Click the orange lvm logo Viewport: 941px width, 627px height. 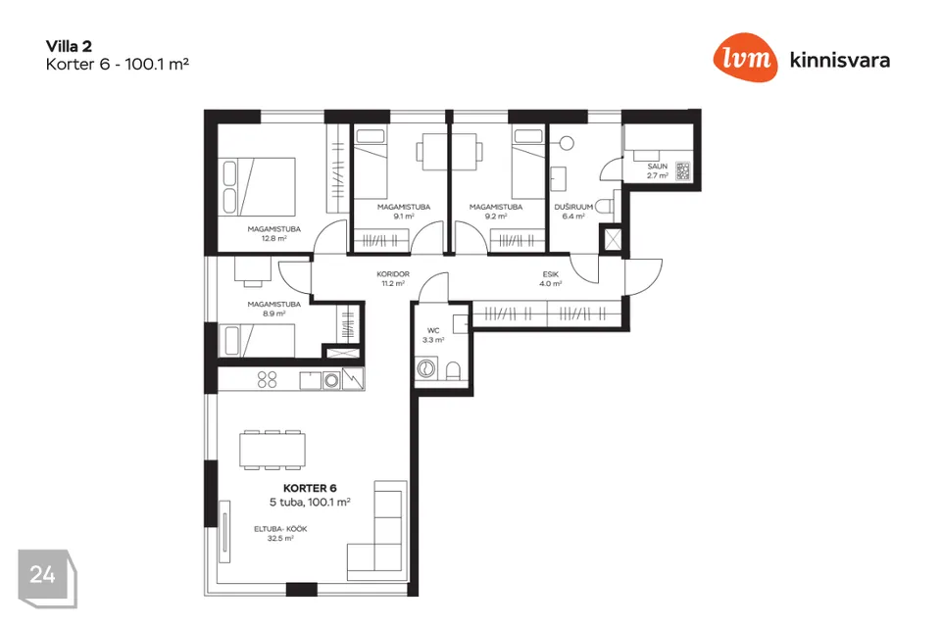(745, 58)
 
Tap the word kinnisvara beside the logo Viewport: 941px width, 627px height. (840, 60)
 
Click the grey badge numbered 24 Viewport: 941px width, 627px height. (47, 578)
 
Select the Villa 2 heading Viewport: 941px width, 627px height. (69, 46)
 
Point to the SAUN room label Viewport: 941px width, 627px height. (657, 167)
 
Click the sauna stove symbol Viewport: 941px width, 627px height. (682, 171)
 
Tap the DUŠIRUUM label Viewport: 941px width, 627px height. (573, 207)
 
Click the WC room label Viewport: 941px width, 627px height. (433, 330)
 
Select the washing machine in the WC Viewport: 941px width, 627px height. (426, 367)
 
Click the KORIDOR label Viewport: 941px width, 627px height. (393, 274)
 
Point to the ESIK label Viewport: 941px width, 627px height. (550, 274)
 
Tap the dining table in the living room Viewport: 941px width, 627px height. (272, 450)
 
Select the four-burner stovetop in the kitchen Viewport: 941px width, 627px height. (267, 379)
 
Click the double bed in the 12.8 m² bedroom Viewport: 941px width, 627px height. (259, 186)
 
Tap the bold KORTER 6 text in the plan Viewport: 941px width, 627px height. (310, 489)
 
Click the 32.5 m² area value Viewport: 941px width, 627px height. (280, 539)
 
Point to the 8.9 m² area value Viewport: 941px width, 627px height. (273, 313)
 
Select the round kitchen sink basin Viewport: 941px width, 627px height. (331, 380)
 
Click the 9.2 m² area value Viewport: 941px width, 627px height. (496, 216)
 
